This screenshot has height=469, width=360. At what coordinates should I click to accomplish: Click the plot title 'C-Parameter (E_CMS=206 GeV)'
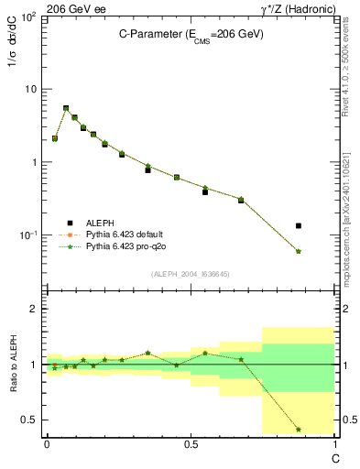pyautogui.click(x=191, y=34)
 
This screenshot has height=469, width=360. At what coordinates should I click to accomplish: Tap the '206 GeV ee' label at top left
pyautogui.click(x=73, y=8)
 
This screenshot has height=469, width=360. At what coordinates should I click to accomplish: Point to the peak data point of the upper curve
pyautogui.click(x=66, y=108)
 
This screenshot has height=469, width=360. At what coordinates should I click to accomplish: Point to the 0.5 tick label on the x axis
pyautogui.click(x=191, y=444)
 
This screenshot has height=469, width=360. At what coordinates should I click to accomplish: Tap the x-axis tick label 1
pyautogui.click(x=334, y=444)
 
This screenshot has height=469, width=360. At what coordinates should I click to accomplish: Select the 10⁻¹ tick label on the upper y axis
pyautogui.click(x=27, y=235)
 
